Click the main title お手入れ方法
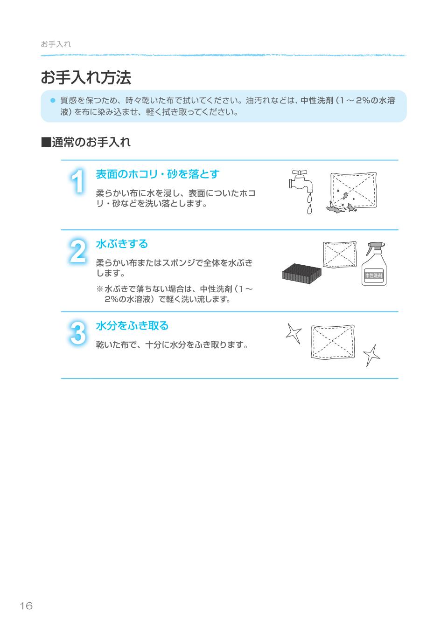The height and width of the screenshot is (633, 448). pyautogui.click(x=86, y=78)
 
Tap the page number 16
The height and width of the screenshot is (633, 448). pyautogui.click(x=26, y=605)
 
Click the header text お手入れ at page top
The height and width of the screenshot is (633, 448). pyautogui.click(x=56, y=44)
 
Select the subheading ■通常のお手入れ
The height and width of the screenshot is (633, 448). pyautogui.click(x=86, y=142)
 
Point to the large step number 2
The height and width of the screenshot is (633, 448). pyautogui.click(x=78, y=252)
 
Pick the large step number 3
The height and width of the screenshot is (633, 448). pyautogui.click(x=78, y=333)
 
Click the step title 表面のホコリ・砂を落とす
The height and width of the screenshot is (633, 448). pyautogui.click(x=157, y=174)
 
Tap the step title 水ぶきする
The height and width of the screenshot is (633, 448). pyautogui.click(x=122, y=244)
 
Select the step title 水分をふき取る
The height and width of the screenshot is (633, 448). pyautogui.click(x=132, y=326)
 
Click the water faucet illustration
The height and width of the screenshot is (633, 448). pyautogui.click(x=301, y=181)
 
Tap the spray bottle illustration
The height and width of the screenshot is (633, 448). pyautogui.click(x=374, y=263)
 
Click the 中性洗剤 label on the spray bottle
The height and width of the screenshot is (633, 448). pyautogui.click(x=373, y=275)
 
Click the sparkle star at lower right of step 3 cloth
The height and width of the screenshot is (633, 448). pyautogui.click(x=371, y=356)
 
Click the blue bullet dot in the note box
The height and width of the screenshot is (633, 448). pyautogui.click(x=53, y=100)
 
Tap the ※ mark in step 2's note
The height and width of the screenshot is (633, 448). pyautogui.click(x=99, y=289)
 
